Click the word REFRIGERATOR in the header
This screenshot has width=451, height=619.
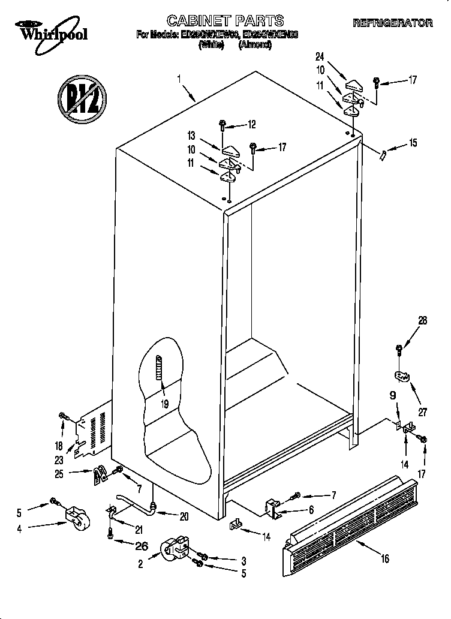click(393, 23)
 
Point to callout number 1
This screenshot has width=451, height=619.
click(179, 78)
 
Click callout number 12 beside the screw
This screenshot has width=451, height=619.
click(251, 125)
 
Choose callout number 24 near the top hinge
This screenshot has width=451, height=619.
click(320, 56)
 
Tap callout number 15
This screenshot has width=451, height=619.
click(412, 143)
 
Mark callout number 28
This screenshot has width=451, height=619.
click(423, 321)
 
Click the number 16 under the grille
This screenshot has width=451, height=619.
click(384, 559)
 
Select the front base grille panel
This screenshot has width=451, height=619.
click(351, 519)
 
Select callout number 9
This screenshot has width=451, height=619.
click(393, 395)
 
